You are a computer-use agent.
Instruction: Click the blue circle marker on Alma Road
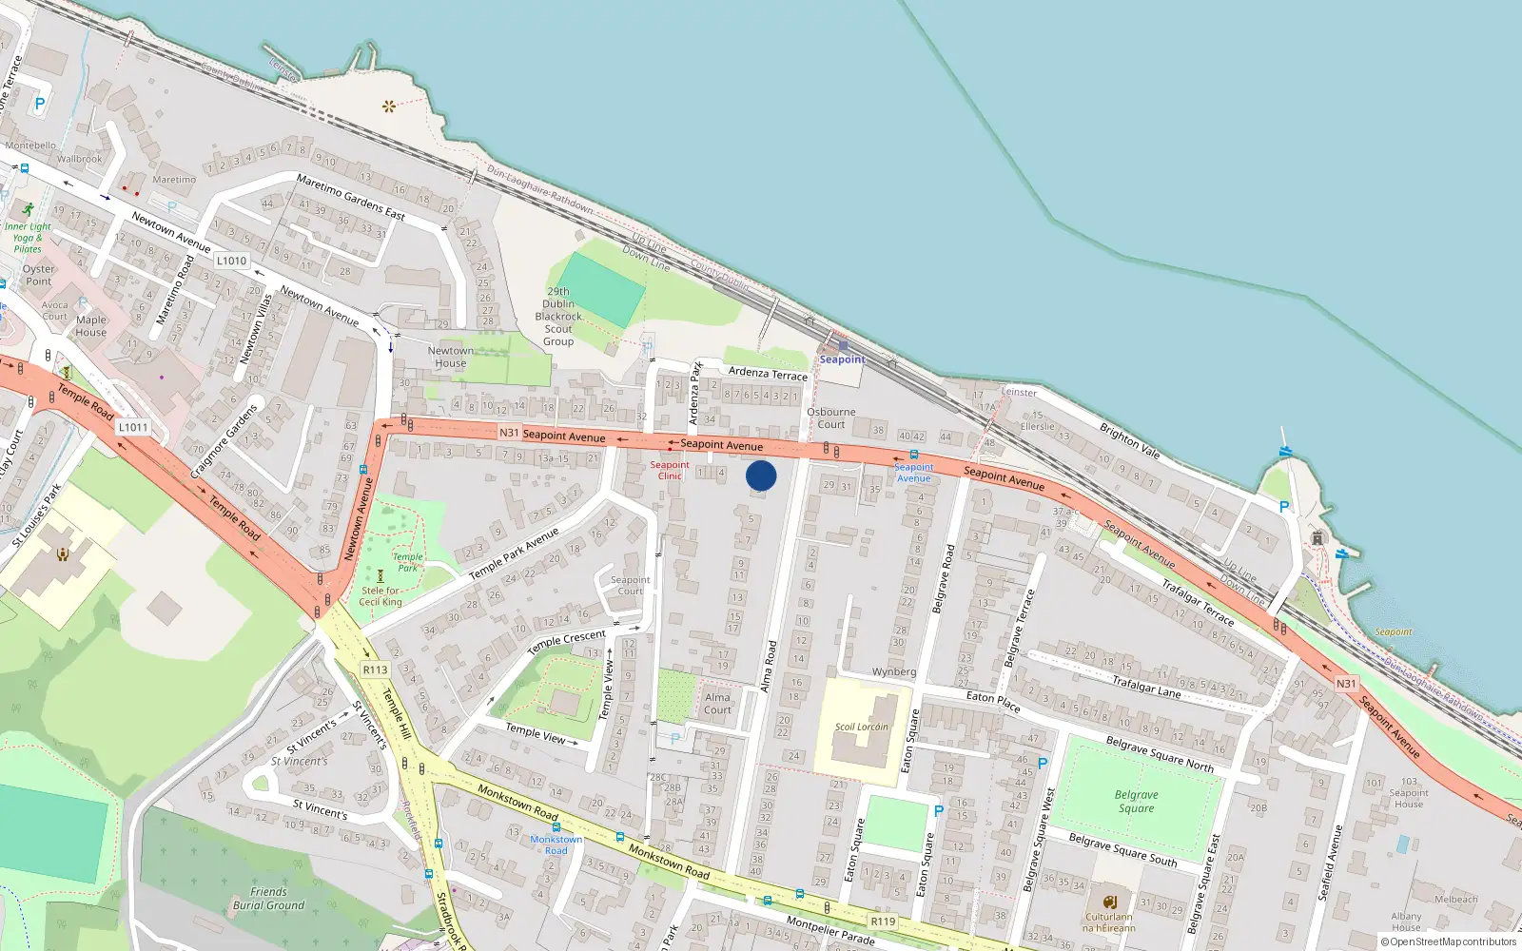pyautogui.click(x=761, y=475)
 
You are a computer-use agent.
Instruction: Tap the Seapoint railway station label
pyautogui.click(x=843, y=359)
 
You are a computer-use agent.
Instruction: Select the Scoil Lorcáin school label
pyautogui.click(x=861, y=728)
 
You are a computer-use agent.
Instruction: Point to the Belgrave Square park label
pyautogui.click(x=1137, y=802)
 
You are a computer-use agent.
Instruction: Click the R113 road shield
pyautogui.click(x=375, y=670)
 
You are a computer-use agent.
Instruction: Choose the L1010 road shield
pyautogui.click(x=231, y=261)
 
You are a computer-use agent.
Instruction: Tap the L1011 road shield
pyautogui.click(x=133, y=427)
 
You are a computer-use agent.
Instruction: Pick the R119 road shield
pyautogui.click(x=883, y=922)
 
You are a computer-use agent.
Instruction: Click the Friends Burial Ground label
pyautogui.click(x=268, y=899)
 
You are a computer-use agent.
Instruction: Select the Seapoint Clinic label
pyautogui.click(x=670, y=470)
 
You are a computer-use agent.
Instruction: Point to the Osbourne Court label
pyautogui.click(x=830, y=418)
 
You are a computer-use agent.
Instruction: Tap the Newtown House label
pyautogui.click(x=451, y=357)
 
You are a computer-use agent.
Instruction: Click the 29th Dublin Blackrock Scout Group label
pyautogui.click(x=558, y=317)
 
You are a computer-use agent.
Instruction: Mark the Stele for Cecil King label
pyautogui.click(x=380, y=596)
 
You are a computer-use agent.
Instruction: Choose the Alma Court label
pyautogui.click(x=718, y=704)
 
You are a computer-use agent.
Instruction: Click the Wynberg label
pyautogui.click(x=894, y=672)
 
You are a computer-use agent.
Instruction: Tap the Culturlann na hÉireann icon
pyautogui.click(x=1109, y=902)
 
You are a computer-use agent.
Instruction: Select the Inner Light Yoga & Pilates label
pyautogui.click(x=28, y=238)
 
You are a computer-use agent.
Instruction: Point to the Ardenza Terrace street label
pyautogui.click(x=768, y=374)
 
